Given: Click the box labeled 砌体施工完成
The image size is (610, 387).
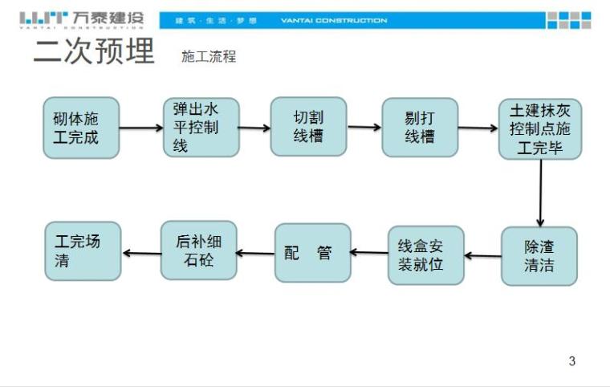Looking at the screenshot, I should point(81,128).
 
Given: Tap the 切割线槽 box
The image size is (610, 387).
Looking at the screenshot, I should point(308,127).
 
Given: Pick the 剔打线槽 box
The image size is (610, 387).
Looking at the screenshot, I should point(419,127).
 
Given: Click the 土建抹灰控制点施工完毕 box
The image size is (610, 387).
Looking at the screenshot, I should point(539,128).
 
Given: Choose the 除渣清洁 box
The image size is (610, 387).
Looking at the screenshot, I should point(539,256).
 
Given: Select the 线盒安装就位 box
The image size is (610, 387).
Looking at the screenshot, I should point(425,255).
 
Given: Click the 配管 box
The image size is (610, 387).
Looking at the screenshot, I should point(312,253).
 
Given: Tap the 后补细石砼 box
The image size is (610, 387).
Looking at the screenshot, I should point(198,251).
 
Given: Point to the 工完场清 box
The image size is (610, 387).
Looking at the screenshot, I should point(82,251).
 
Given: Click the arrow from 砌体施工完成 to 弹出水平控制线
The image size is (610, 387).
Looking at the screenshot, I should point(141,128).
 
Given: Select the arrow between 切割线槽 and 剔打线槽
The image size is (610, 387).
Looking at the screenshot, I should point(364,127).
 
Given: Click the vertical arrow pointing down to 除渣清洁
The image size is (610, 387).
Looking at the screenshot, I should point(540,193).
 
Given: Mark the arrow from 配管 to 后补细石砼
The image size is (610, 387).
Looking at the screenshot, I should point(256,253).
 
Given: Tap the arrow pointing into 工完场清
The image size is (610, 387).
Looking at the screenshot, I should point(141,253).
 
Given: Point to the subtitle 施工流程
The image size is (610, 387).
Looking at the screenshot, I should point(209,57).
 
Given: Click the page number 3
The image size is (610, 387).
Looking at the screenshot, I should point(571,361).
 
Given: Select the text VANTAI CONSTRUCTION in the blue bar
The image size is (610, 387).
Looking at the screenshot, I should point(333,21).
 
